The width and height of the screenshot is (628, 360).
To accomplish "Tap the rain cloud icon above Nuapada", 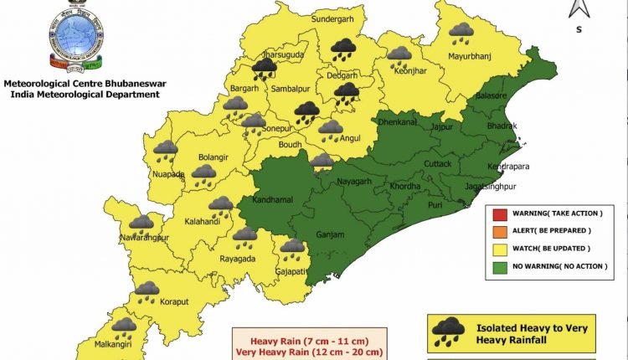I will tap(166, 151).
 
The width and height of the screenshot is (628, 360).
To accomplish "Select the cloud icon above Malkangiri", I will tap(125, 327).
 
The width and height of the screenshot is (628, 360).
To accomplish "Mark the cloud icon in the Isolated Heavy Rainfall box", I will tap(449, 333).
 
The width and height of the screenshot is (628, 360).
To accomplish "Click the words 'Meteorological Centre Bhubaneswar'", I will tap(81, 84).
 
